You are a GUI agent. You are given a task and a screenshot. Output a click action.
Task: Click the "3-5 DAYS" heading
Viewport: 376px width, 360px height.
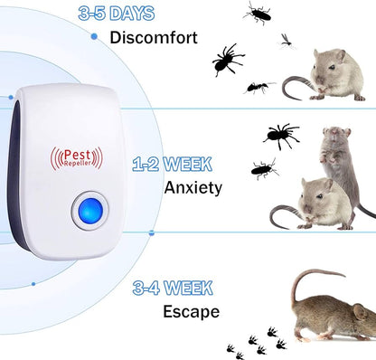point(117,14)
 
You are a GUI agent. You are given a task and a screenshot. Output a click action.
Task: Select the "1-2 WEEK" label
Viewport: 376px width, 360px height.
point(172,165)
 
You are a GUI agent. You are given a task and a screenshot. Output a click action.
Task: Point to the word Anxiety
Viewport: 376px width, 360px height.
point(193,188)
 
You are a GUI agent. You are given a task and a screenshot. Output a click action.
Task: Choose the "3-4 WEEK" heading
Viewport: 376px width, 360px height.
point(172,289)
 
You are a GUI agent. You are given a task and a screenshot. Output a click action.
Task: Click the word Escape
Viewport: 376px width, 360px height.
point(191,312)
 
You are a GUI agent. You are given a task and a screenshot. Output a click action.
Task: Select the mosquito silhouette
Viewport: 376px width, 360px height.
point(286,41)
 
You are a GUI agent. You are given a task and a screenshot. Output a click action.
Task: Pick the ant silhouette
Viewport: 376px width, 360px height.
point(258,87)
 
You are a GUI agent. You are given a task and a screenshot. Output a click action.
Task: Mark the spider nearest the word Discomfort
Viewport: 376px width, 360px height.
point(227,60)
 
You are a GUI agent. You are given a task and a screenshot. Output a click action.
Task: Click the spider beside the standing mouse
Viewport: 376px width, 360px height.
point(281,135)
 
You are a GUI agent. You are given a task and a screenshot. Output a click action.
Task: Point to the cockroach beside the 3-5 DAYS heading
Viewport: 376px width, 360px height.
point(258,13)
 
